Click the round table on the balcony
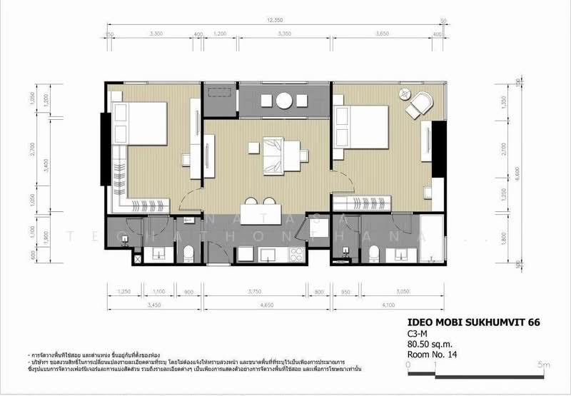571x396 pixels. (284, 100)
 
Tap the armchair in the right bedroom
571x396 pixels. (420, 105)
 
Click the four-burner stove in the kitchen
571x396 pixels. (293, 253)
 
